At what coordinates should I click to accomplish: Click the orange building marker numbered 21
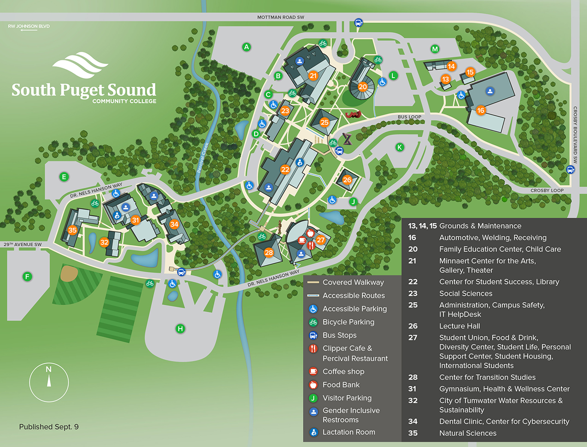click(313, 76)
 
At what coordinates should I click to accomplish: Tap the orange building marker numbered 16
click(481, 110)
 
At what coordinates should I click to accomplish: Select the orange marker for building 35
click(72, 230)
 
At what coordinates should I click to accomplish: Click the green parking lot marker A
click(246, 47)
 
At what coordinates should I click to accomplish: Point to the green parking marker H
click(180, 329)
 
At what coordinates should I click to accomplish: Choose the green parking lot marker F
click(27, 277)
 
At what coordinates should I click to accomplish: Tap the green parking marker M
click(435, 49)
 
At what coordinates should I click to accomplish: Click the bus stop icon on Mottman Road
click(358, 23)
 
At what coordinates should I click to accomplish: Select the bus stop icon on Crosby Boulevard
click(570, 169)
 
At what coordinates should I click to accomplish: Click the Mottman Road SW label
click(280, 17)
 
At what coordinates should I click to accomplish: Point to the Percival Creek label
click(203, 157)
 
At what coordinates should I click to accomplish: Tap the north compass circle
click(49, 382)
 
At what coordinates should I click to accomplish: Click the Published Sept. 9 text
click(49, 427)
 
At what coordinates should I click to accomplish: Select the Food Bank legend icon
click(313, 385)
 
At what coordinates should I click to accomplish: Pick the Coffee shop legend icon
click(313, 372)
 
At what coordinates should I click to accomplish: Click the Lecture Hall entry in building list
click(459, 326)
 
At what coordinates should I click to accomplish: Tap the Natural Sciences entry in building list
click(467, 433)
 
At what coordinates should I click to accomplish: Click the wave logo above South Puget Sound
click(81, 65)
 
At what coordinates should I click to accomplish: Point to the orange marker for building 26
click(347, 180)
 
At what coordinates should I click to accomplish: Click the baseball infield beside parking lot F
click(69, 273)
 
